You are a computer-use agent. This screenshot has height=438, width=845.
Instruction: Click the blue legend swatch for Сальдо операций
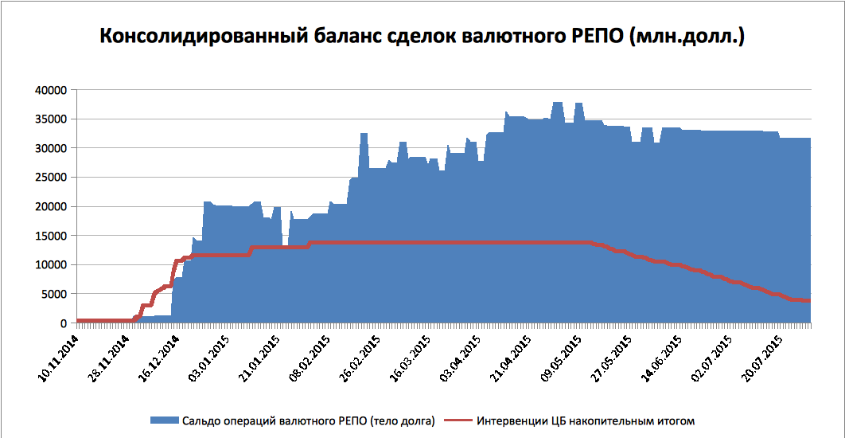pyautogui.click(x=163, y=420)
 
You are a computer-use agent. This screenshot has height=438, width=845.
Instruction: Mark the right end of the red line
pyautogui.click(x=809, y=300)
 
